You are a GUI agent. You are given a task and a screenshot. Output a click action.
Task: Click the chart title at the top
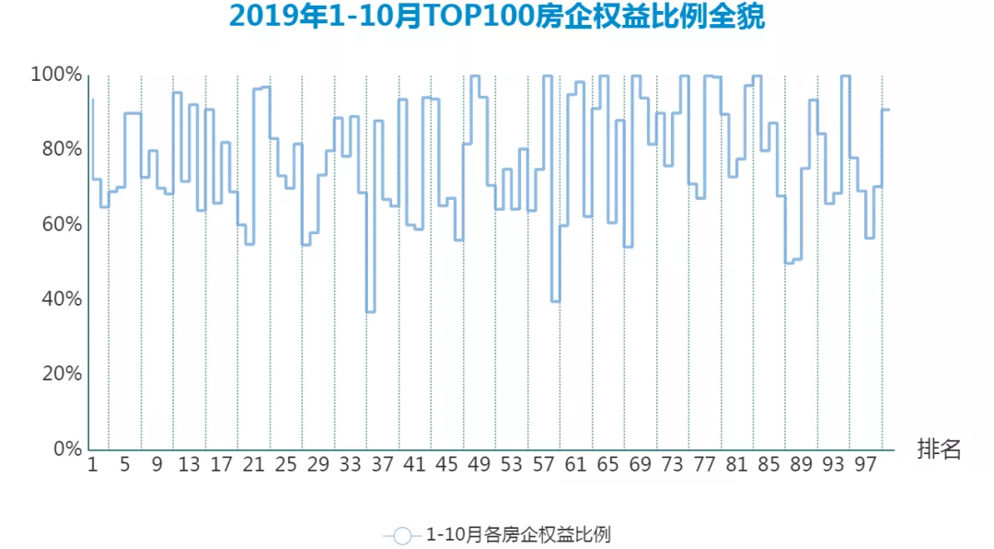(497, 18)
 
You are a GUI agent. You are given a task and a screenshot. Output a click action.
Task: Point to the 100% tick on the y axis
(57, 75)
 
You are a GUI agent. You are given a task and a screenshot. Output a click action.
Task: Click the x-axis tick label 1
(92, 466)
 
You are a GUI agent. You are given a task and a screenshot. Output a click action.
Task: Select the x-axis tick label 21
(254, 466)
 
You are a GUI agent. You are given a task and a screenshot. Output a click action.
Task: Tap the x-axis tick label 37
(383, 466)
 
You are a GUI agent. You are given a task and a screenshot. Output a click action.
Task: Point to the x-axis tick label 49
(480, 466)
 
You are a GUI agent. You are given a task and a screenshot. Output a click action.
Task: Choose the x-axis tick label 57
(544, 466)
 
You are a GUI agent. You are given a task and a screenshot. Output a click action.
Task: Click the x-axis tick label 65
(608, 466)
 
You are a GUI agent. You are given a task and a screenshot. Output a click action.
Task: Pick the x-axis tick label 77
(705, 466)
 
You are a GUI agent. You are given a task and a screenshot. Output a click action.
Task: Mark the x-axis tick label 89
(802, 466)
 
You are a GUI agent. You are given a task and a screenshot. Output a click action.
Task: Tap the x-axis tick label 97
(866, 466)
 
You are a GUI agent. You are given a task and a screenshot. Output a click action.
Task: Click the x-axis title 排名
(939, 450)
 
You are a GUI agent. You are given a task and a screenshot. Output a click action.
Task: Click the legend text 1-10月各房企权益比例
(518, 534)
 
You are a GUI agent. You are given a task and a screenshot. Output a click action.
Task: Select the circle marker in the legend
(402, 535)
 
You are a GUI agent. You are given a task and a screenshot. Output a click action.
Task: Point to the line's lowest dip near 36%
(370, 312)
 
